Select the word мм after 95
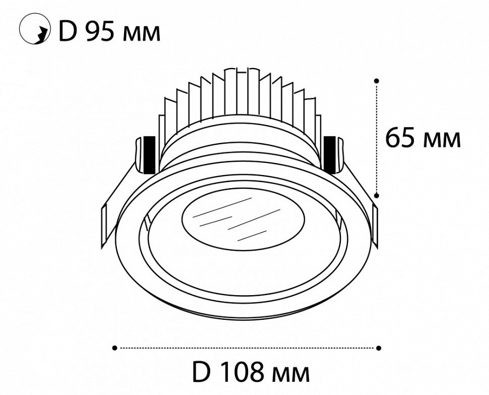point(142,35)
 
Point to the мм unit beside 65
point(442,141)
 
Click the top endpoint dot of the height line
point(376,81)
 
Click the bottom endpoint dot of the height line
point(376,194)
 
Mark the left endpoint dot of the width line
point(114,347)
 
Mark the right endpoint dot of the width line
point(379,347)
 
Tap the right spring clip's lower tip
point(375,230)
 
